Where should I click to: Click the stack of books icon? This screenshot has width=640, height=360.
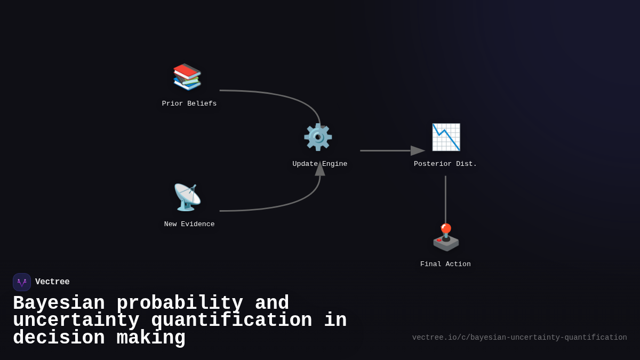(187, 77)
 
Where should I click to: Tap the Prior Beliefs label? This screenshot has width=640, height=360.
(189, 104)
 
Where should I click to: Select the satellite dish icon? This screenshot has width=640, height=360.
(187, 197)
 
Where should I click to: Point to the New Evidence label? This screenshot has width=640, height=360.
(189, 225)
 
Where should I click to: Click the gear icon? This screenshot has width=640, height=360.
(318, 137)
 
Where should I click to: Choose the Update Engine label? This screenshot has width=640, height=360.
(320, 164)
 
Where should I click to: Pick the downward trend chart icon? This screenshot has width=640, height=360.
(446, 137)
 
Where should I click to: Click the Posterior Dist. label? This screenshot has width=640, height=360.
(445, 164)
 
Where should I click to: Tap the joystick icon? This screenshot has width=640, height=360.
(446, 237)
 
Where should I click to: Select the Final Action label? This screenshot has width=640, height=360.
(445, 265)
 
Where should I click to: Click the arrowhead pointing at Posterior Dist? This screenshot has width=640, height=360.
(418, 151)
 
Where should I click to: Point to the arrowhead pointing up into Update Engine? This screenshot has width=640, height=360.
(320, 169)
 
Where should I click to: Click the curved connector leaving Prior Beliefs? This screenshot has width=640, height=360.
(283, 97)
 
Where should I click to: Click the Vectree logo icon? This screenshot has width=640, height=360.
(22, 282)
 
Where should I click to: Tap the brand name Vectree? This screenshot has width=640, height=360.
(52, 282)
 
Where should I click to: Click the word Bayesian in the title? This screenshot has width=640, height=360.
(59, 303)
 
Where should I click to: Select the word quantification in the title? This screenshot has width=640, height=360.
(231, 321)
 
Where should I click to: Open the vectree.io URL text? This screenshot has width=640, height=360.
(519, 338)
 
